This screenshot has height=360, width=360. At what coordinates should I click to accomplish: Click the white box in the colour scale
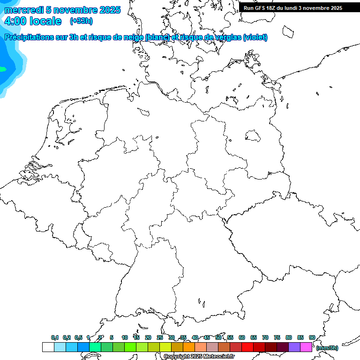click(48, 347)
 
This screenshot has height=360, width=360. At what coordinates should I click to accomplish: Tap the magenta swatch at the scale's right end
click(306, 347)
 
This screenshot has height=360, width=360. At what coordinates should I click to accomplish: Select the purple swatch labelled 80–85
click(294, 347)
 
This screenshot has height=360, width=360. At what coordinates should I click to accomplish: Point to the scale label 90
click(312, 337)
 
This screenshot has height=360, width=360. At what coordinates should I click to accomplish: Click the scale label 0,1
click(55, 337)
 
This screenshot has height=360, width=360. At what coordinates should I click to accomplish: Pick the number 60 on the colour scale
click(242, 337)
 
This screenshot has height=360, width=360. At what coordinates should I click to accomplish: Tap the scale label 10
click(125, 337)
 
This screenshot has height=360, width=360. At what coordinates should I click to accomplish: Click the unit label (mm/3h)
click(327, 348)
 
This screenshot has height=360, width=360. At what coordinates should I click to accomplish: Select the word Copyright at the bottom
click(176, 357)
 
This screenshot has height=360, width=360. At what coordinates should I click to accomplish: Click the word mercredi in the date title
click(24, 10)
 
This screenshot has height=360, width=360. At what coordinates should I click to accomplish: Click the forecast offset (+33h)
click(81, 21)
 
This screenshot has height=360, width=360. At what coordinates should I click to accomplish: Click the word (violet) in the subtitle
click(255, 37)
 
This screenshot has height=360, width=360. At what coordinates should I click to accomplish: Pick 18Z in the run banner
click(271, 8)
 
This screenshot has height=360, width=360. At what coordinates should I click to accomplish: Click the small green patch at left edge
click(2, 69)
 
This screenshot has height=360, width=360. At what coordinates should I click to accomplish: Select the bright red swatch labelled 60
click(247, 347)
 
